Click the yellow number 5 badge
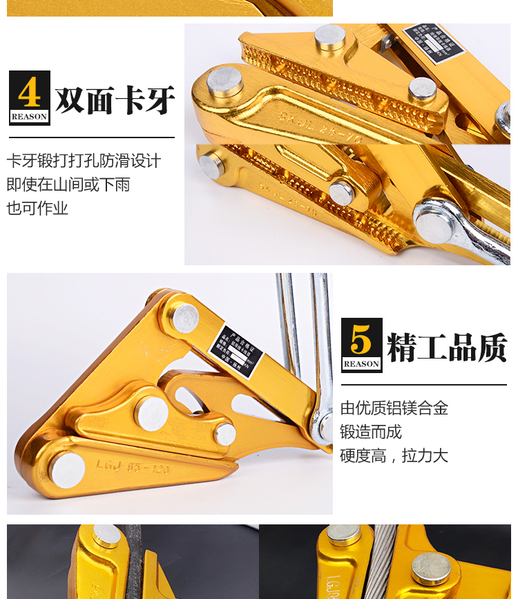click(362, 339)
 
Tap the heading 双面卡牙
click(115, 102)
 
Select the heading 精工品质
click(447, 348)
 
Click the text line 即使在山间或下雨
click(68, 184)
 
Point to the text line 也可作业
click(37, 208)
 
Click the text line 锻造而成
click(371, 432)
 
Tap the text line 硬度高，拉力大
click(394, 455)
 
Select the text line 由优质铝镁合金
click(394, 408)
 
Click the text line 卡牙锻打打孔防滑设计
click(84, 161)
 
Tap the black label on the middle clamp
click(236, 350)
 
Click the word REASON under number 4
click(30, 116)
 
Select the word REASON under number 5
click(362, 363)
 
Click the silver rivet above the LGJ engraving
click(151, 414)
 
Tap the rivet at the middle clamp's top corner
click(186, 317)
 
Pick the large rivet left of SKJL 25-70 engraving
click(225, 82)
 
